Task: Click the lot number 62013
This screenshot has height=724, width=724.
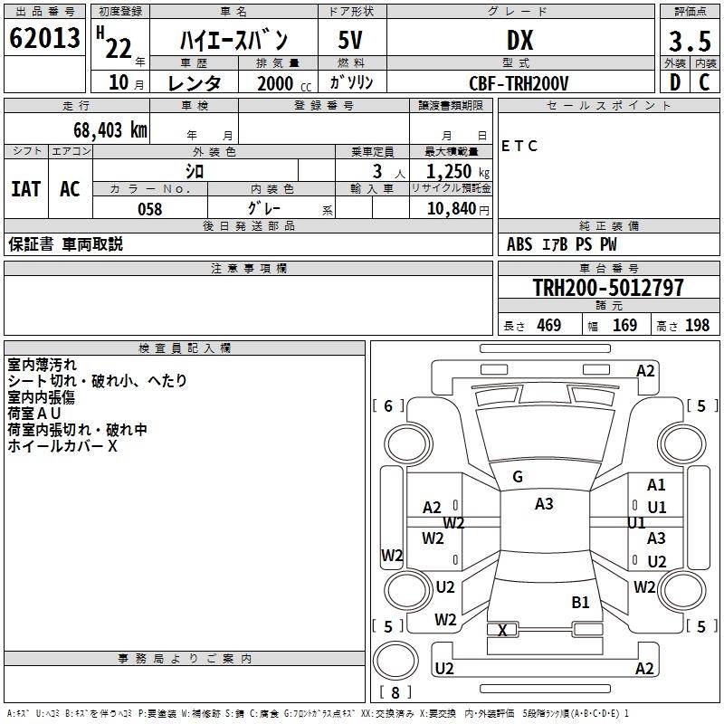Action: (44, 38)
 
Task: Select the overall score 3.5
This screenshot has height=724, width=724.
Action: (690, 41)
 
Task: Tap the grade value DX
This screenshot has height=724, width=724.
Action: (519, 40)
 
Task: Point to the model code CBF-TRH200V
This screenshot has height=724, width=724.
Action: (519, 83)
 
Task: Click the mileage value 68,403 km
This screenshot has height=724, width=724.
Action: (110, 130)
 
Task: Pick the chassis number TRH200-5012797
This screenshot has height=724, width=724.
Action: (608, 287)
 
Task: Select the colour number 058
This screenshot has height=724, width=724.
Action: (150, 209)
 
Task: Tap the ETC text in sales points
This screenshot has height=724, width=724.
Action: (519, 146)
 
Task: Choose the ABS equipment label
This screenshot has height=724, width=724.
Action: (519, 244)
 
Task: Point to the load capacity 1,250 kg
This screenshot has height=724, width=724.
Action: (458, 172)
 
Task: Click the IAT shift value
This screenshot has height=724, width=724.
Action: (26, 189)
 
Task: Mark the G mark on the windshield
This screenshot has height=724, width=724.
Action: (518, 477)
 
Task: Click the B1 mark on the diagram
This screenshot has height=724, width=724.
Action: (580, 602)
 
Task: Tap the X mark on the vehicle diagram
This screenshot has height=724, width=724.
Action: (502, 630)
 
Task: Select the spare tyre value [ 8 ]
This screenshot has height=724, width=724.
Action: (395, 692)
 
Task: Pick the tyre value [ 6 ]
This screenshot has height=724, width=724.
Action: (388, 405)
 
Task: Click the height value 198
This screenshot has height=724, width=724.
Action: (697, 325)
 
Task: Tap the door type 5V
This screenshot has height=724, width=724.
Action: (350, 40)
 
